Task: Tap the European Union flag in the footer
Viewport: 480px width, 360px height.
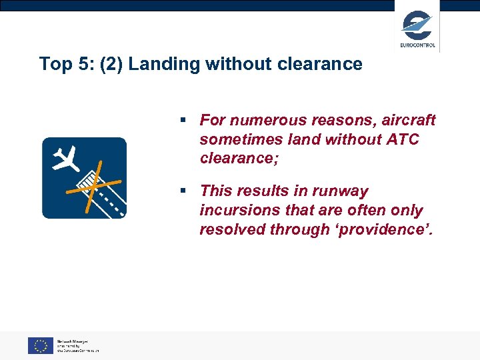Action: click(41, 345)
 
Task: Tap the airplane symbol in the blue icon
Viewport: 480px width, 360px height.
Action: click(67, 158)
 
